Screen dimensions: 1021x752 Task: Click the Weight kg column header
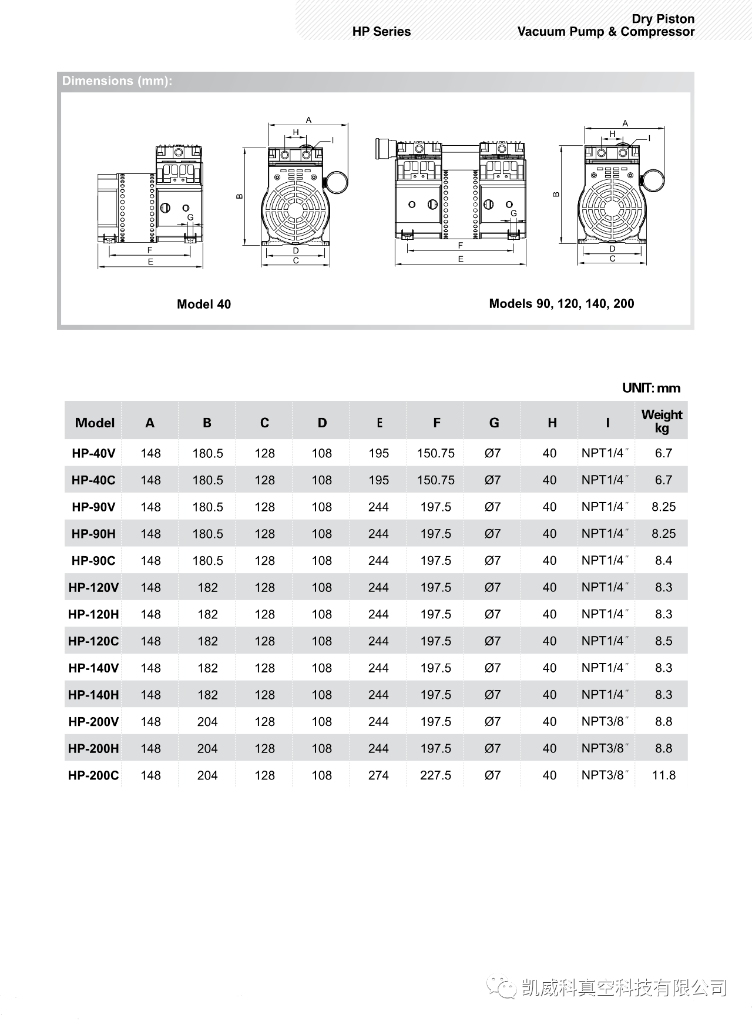pyautogui.click(x=662, y=421)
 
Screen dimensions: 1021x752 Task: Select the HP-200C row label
pyautogui.click(x=93, y=775)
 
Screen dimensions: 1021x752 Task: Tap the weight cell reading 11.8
pyautogui.click(x=663, y=775)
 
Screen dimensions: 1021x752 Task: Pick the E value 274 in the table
pyautogui.click(x=378, y=775)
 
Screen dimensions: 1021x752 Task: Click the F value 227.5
pyautogui.click(x=435, y=775)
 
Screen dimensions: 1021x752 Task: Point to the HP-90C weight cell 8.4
pyautogui.click(x=663, y=561)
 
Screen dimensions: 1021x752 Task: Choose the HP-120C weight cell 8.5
pyautogui.click(x=663, y=641)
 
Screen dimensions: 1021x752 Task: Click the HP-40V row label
pyautogui.click(x=93, y=453)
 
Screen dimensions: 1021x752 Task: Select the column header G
pyautogui.click(x=493, y=423)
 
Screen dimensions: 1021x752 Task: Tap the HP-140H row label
pyautogui.click(x=93, y=695)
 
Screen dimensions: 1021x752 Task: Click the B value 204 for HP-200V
pyautogui.click(x=207, y=722)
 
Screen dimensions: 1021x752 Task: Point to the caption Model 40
pyautogui.click(x=204, y=304)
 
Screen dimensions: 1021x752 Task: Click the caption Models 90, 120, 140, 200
pyautogui.click(x=561, y=303)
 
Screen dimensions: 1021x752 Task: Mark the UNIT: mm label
pyautogui.click(x=651, y=388)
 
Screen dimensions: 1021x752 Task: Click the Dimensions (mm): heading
pyautogui.click(x=117, y=81)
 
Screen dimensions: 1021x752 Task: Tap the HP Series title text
pyautogui.click(x=381, y=32)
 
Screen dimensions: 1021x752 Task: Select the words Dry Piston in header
pyautogui.click(x=663, y=19)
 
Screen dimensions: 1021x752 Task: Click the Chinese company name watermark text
pyautogui.click(x=624, y=988)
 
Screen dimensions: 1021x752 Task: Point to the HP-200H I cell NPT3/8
pyautogui.click(x=605, y=748)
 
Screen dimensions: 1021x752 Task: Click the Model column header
pyautogui.click(x=95, y=423)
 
